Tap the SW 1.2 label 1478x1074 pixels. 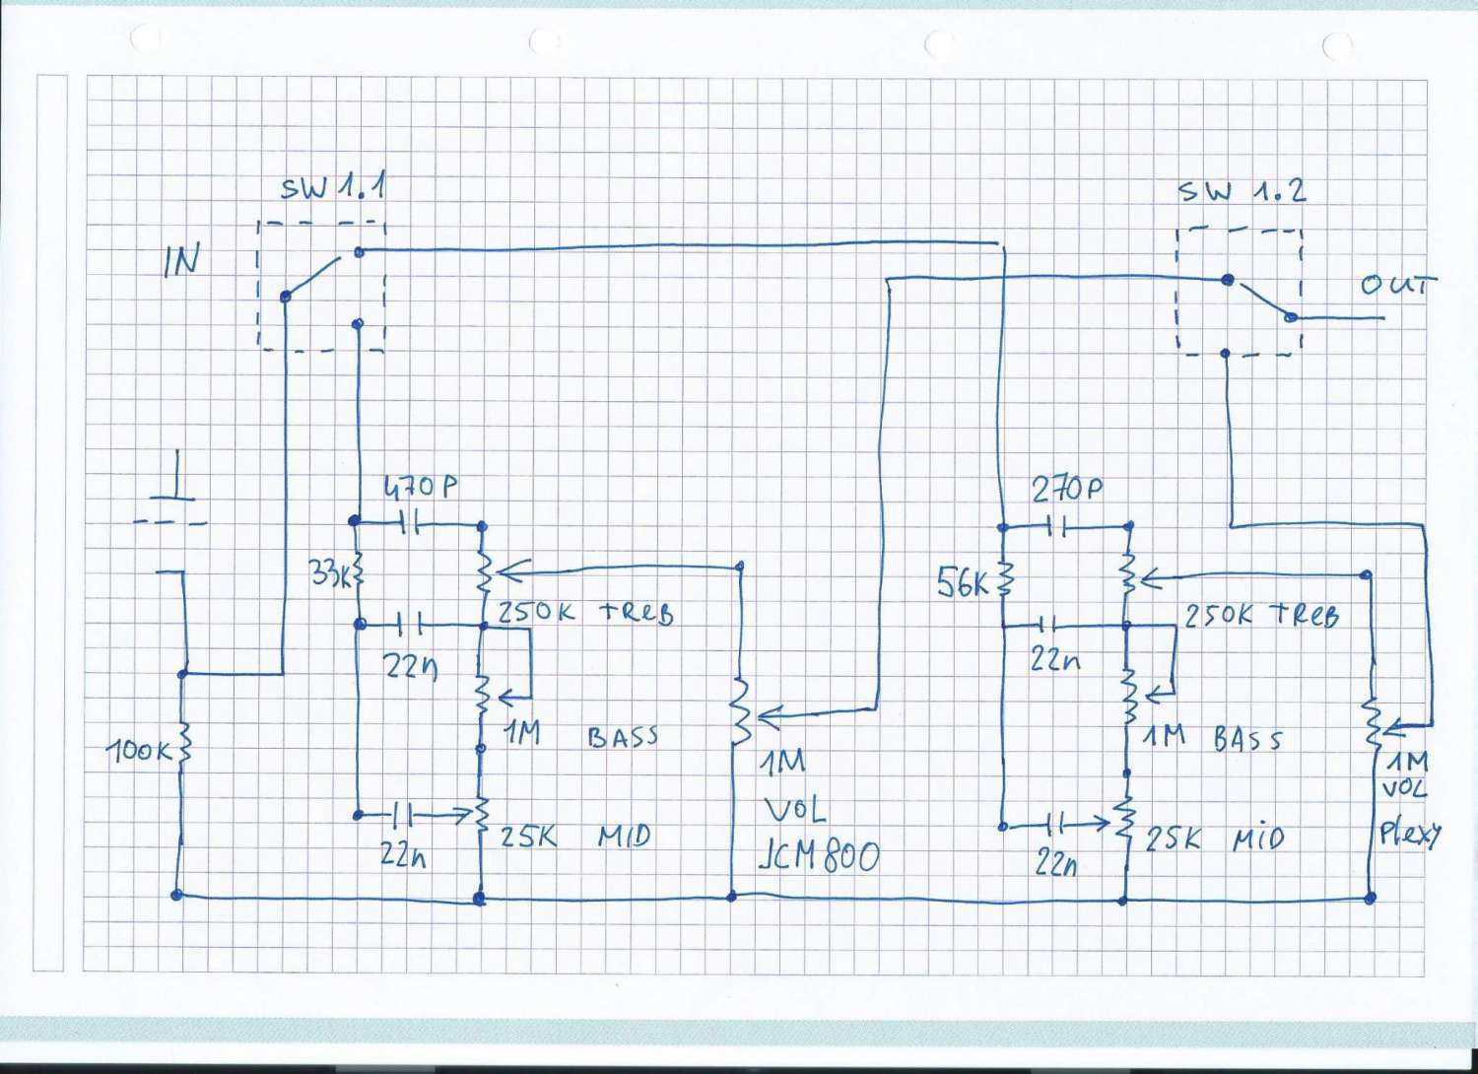[1242, 190]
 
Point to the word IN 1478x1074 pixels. [181, 260]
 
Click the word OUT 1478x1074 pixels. [1397, 286]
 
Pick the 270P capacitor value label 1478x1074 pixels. [1067, 489]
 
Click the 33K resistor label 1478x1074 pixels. [328, 572]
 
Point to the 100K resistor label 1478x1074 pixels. [139, 751]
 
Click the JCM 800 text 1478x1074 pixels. [818, 855]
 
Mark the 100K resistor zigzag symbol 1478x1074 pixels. [183, 751]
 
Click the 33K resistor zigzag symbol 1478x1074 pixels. [357, 572]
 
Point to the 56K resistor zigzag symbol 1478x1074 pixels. [1004, 581]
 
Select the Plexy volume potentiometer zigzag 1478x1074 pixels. [1371, 724]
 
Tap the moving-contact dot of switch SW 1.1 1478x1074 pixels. [286, 296]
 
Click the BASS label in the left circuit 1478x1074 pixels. [622, 736]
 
